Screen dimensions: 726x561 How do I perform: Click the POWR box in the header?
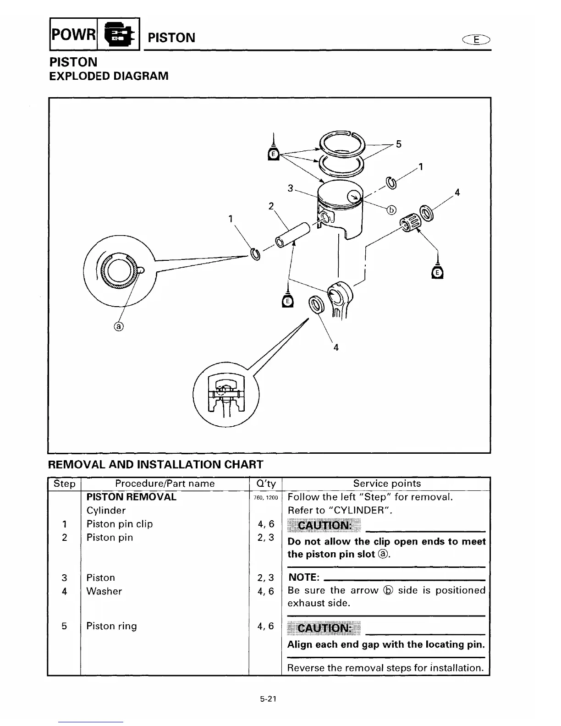73,33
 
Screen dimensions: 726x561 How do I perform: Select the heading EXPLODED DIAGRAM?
109,76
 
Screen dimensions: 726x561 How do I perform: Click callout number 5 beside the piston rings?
398,144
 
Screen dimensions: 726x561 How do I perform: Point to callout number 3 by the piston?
290,188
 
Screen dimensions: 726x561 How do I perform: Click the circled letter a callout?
119,326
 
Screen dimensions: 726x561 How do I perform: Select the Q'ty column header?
265,484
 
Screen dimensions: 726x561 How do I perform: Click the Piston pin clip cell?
120,524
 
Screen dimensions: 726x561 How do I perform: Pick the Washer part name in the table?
104,591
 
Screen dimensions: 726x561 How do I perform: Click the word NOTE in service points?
303,577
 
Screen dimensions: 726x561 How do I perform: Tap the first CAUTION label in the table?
324,525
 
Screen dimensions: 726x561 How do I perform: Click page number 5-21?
268,699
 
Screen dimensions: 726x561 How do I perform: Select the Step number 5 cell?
64,626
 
